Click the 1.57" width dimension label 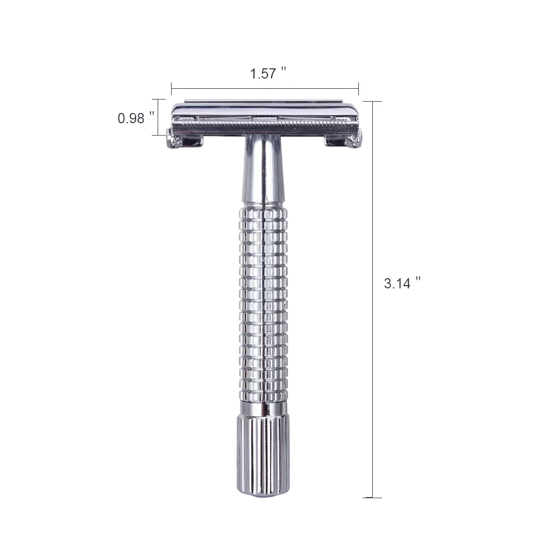[x=267, y=73]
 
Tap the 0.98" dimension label [x=136, y=118]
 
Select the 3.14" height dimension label [x=402, y=283]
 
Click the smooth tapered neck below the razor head [x=263, y=170]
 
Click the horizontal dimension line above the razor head [x=265, y=89]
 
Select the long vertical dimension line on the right [x=372, y=299]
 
